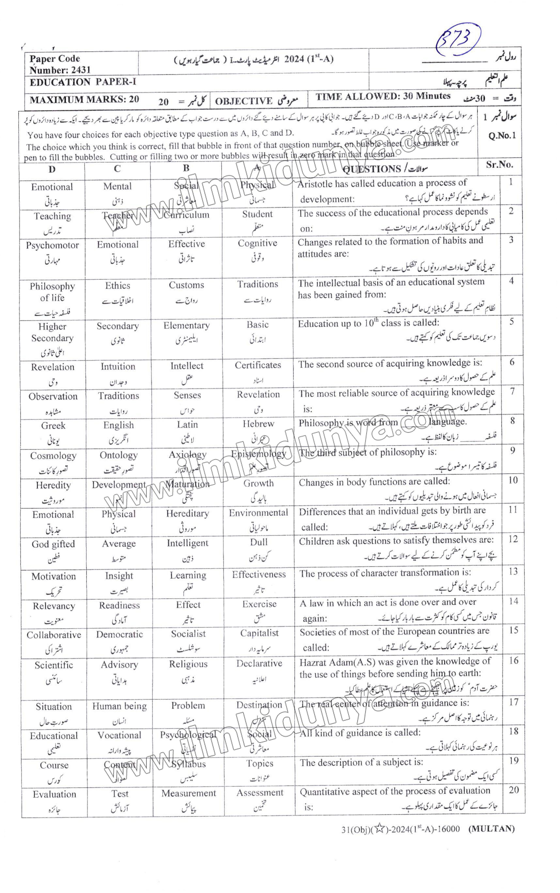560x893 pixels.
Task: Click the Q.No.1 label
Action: coord(502,136)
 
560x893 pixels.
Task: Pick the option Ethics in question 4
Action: coord(117,286)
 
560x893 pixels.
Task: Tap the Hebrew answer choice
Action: coord(258,424)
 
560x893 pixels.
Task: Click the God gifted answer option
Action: coord(53,544)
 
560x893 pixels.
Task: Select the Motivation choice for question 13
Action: coord(54,577)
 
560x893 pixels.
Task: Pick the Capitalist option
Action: coord(259,633)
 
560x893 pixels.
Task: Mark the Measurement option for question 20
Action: coord(189,793)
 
